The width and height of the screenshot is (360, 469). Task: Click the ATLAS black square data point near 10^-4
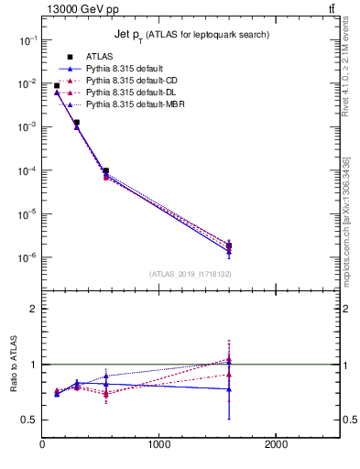pos(106,170)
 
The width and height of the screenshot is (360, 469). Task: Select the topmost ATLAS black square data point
pos(57,86)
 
